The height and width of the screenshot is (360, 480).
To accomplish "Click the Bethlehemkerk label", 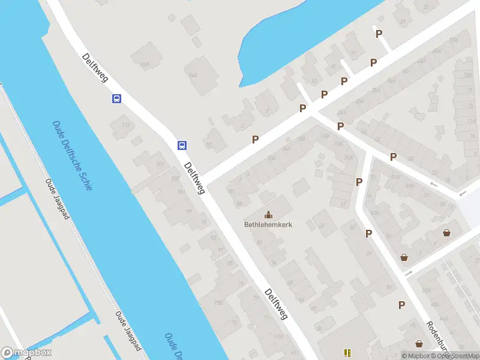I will pos(268,225).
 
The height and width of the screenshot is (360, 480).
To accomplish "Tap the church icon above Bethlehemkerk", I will pos(268,214).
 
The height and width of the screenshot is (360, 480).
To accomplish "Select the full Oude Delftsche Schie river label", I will pos(73,155).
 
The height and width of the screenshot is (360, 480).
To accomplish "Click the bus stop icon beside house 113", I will pos(116,98).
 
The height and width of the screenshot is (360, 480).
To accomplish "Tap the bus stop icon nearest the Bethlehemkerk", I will pos(181,145).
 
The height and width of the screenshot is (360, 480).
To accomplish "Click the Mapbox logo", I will pos(27,353).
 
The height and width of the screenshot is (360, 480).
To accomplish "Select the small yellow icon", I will pos(346,352).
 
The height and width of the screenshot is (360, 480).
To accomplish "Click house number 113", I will pos(125,125).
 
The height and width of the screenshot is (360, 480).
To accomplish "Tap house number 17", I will pos(353,54).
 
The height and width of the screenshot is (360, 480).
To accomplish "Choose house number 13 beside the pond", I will pos(314,82).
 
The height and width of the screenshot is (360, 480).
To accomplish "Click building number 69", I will pos(290,283).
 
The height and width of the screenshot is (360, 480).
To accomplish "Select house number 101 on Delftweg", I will pos(181,193).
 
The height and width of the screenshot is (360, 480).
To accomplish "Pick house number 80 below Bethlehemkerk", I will pos(259,242).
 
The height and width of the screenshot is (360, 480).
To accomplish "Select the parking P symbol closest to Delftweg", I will pos(255,139).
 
